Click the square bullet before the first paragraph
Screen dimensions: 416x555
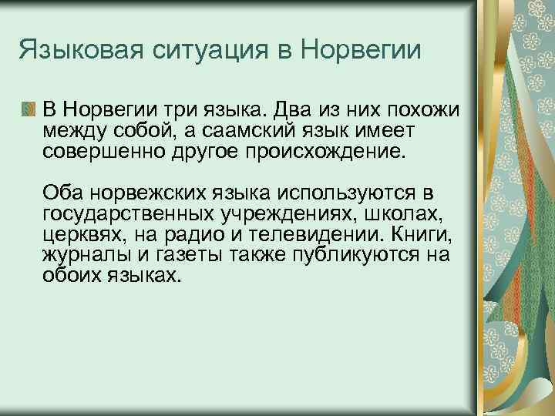click(29, 106)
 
